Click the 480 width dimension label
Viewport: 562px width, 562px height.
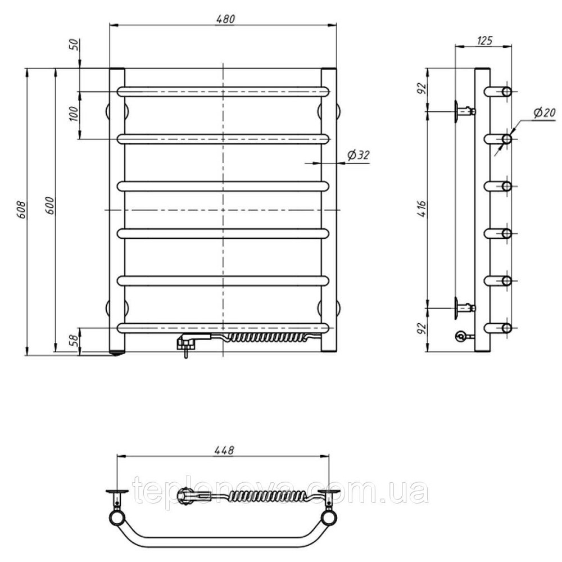point(226,19)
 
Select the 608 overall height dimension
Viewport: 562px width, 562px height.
point(22,210)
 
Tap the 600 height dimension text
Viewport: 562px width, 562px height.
point(50,206)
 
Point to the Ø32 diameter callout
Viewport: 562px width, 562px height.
point(358,155)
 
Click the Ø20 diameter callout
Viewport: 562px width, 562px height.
point(545,114)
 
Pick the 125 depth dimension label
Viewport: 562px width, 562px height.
point(485,40)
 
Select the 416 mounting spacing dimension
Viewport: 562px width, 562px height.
point(422,209)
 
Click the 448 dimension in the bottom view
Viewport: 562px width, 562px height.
point(224,450)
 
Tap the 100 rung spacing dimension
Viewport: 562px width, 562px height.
point(74,114)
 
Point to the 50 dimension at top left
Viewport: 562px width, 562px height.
point(74,44)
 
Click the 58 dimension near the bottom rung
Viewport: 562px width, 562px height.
point(73,340)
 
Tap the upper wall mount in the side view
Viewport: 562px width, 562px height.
point(464,111)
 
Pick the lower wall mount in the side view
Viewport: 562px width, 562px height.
point(464,308)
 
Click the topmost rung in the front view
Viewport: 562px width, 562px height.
point(223,92)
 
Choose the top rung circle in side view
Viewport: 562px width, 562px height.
point(506,92)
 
